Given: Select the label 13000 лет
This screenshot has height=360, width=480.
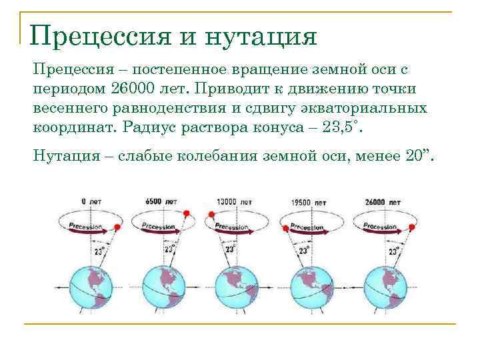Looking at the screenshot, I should [x=234, y=201].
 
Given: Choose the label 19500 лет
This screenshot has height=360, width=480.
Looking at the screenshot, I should [x=309, y=201].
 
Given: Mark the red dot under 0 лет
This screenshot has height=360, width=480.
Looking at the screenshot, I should [x=117, y=227].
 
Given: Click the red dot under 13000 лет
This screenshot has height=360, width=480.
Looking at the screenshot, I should [x=211, y=215].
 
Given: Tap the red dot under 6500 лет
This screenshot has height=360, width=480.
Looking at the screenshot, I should [x=187, y=213].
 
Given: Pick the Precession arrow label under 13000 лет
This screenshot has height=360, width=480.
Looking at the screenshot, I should [x=233, y=226].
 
